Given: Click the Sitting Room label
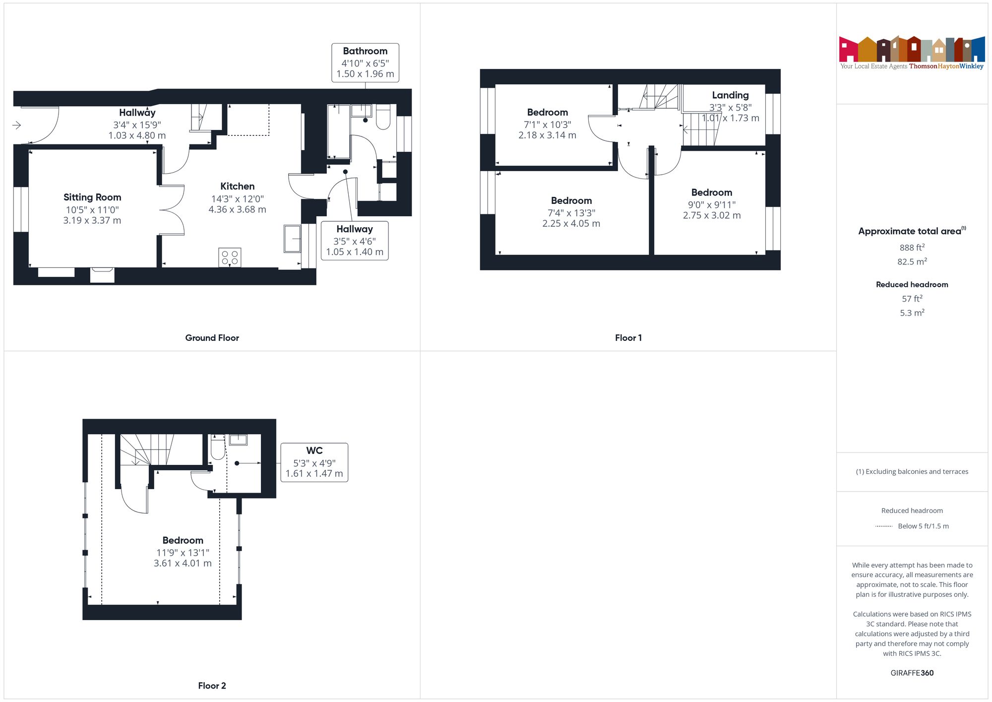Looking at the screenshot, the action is [92, 197].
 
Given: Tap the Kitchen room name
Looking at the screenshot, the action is [238, 187].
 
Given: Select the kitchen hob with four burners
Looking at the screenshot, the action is [230, 257].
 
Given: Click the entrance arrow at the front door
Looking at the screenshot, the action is [16, 125].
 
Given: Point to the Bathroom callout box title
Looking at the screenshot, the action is [365, 51].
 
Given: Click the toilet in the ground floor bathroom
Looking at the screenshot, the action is [383, 117].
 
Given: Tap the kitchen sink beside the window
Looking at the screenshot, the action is [292, 239].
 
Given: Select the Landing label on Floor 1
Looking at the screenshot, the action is [730, 95].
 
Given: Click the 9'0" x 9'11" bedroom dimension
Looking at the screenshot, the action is [712, 205].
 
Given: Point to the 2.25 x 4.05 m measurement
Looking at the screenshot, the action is [571, 224].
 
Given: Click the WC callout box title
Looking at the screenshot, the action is [314, 450].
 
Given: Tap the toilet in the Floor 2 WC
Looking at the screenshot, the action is [218, 447].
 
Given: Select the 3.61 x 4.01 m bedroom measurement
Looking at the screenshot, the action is [183, 564].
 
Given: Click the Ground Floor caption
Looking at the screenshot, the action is [212, 338].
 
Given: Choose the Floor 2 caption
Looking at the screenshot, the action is [212, 686].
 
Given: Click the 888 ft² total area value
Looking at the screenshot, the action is [912, 247].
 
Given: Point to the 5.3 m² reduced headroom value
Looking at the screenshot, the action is [912, 313].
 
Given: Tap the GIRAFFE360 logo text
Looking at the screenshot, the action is [912, 673].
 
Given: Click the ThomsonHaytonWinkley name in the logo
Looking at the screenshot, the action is [946, 66].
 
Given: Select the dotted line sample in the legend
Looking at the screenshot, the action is [884, 526].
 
